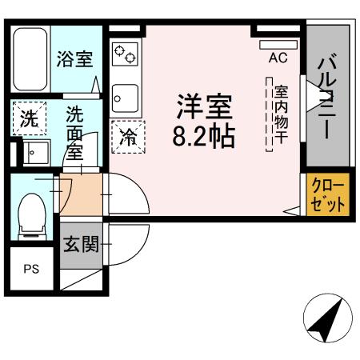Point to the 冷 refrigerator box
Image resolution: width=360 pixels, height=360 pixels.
click(x=128, y=137)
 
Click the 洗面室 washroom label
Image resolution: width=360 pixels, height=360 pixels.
click(x=75, y=133)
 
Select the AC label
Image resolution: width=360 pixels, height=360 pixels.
click(x=278, y=58)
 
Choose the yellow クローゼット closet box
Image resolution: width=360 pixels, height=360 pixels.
click(x=329, y=194)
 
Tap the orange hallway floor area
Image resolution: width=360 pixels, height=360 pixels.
click(x=81, y=195)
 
